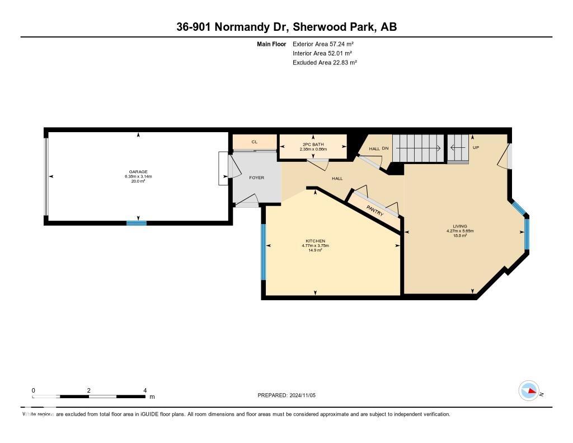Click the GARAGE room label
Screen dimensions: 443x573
pyautogui.click(x=138, y=172)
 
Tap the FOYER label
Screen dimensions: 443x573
pyautogui.click(x=256, y=178)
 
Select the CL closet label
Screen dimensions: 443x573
pyautogui.click(x=254, y=142)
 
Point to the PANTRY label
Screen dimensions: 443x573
pyautogui.click(x=374, y=212)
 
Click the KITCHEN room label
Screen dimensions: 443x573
pyautogui.click(x=315, y=241)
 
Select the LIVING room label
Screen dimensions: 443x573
pyautogui.click(x=460, y=226)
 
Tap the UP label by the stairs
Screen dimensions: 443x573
pyautogui.click(x=476, y=148)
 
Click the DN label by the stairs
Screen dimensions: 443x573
pyautogui.click(x=385, y=148)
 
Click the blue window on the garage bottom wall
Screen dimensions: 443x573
pyautogui.click(x=136, y=223)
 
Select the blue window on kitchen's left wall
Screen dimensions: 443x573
pyautogui.click(x=263, y=251)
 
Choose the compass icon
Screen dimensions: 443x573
pyautogui.click(x=529, y=391)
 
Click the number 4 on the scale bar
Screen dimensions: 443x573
pyautogui.click(x=145, y=390)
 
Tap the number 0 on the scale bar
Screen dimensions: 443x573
pyautogui.click(x=33, y=390)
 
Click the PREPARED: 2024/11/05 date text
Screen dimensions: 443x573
pyautogui.click(x=290, y=395)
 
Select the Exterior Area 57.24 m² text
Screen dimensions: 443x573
pyautogui.click(x=323, y=44)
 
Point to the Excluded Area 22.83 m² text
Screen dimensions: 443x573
pyautogui.click(x=325, y=63)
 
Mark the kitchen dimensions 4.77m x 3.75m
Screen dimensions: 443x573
pyautogui.click(x=315, y=245)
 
